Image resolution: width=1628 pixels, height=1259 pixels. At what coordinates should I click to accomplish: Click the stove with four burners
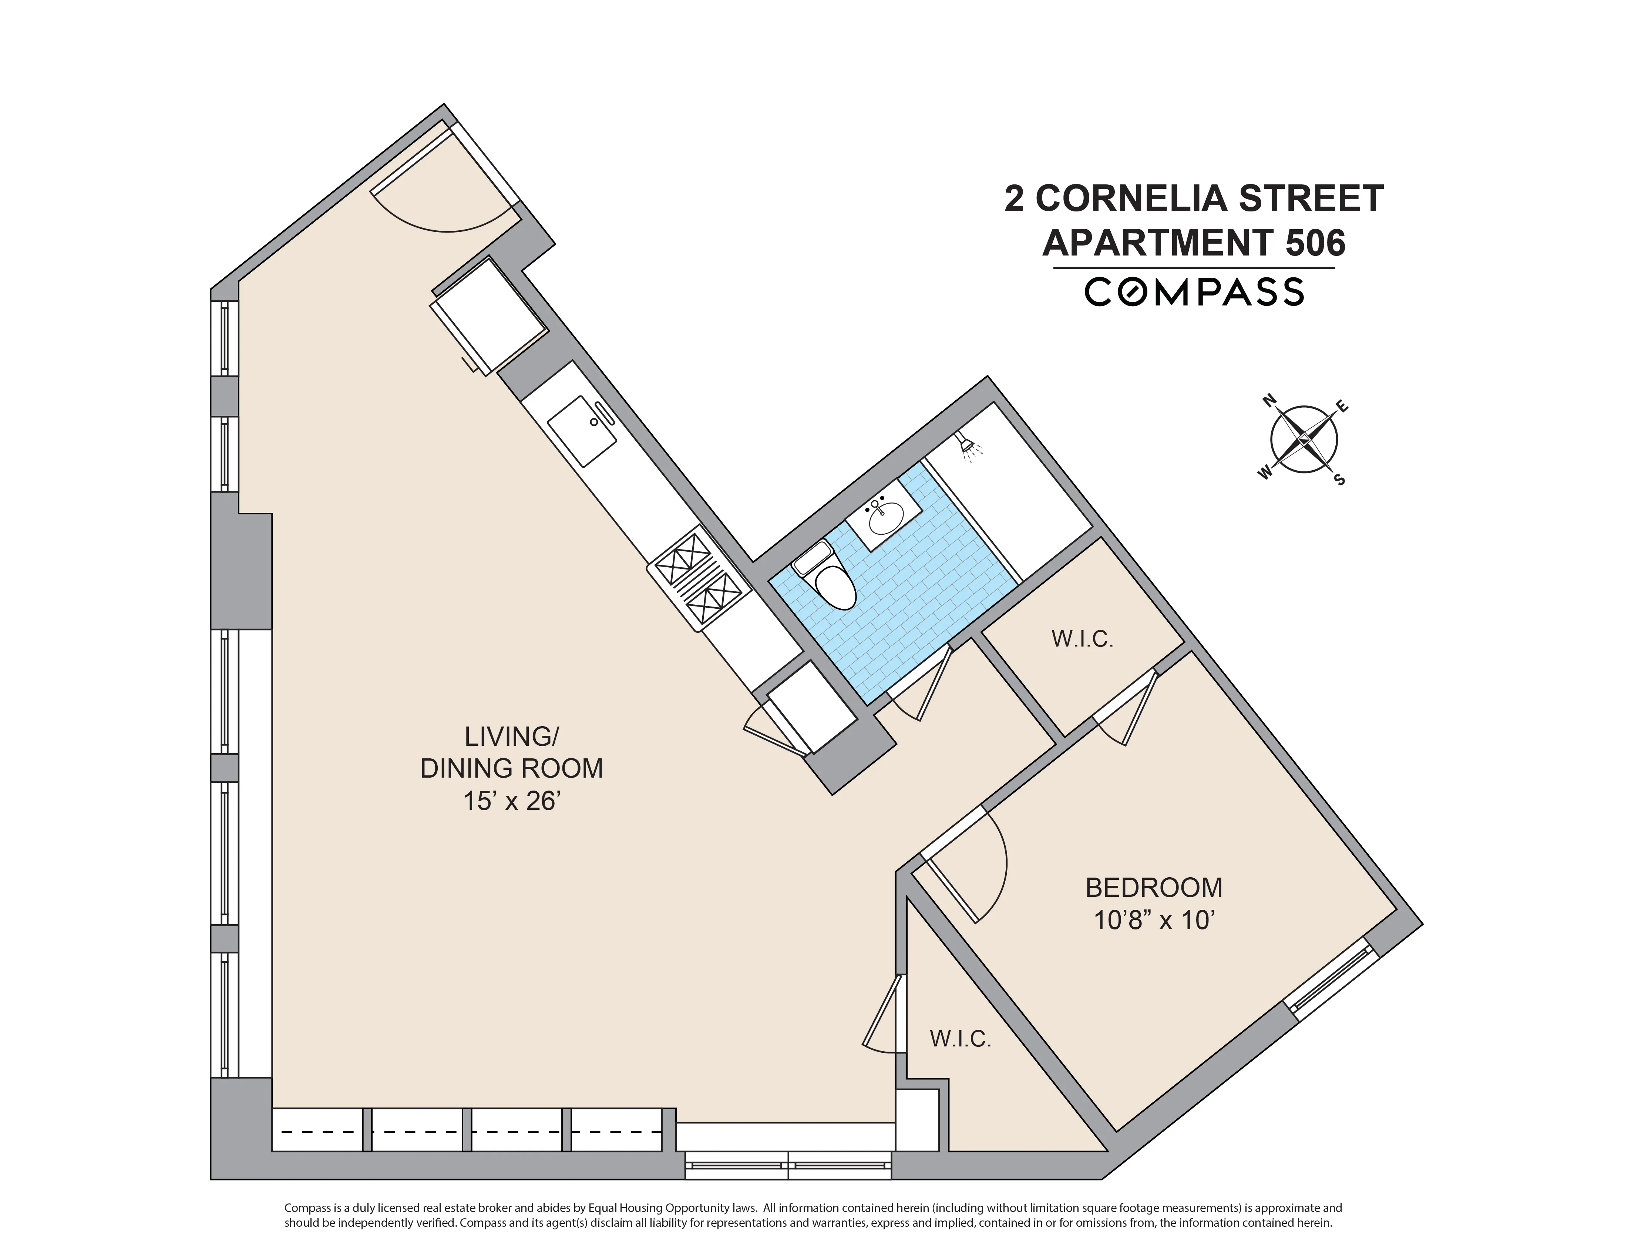(699, 578)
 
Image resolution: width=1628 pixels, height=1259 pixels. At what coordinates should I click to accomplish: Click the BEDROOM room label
(1153, 888)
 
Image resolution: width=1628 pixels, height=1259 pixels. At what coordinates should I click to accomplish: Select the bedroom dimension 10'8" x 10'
(1153, 921)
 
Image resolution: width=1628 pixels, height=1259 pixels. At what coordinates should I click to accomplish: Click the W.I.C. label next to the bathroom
(1082, 639)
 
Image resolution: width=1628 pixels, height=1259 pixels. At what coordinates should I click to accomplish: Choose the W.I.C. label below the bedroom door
(960, 1039)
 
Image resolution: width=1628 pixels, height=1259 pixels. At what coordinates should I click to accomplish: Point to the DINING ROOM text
(511, 768)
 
